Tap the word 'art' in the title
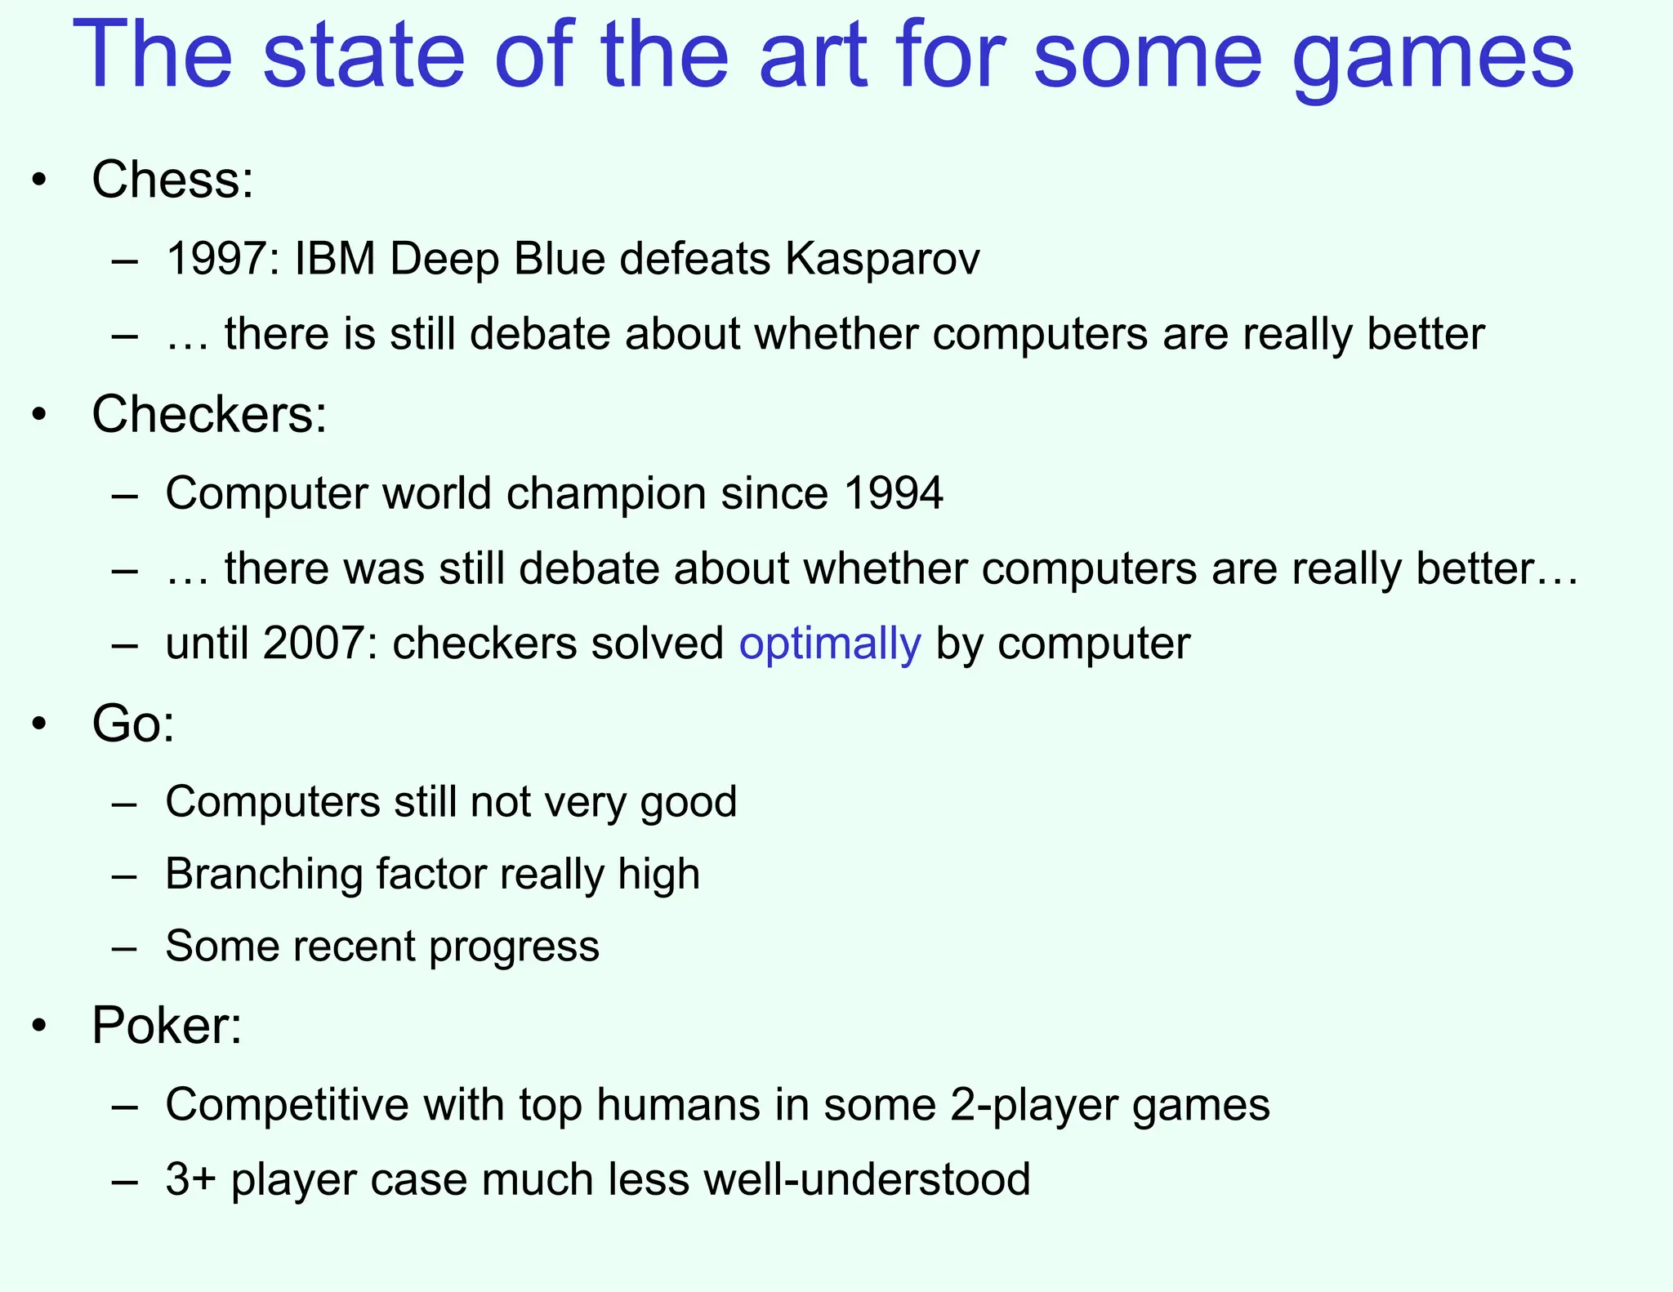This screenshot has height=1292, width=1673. pos(812,56)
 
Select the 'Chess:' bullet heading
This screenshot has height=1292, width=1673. pos(172,179)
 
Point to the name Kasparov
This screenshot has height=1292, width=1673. pos(882,260)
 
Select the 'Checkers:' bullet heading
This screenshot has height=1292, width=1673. pos(209,414)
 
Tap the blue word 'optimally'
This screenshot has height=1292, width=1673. pos(830,644)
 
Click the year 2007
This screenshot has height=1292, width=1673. pos(314,644)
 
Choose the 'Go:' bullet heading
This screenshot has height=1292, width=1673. pos(133,724)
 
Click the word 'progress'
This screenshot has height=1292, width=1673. pos(514,947)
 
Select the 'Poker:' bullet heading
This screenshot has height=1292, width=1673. pos(167,1025)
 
